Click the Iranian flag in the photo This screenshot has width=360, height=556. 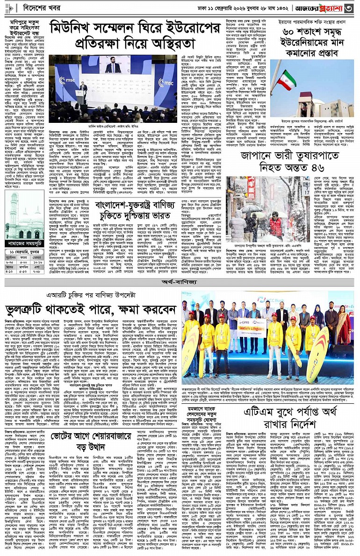coord(287,80)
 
